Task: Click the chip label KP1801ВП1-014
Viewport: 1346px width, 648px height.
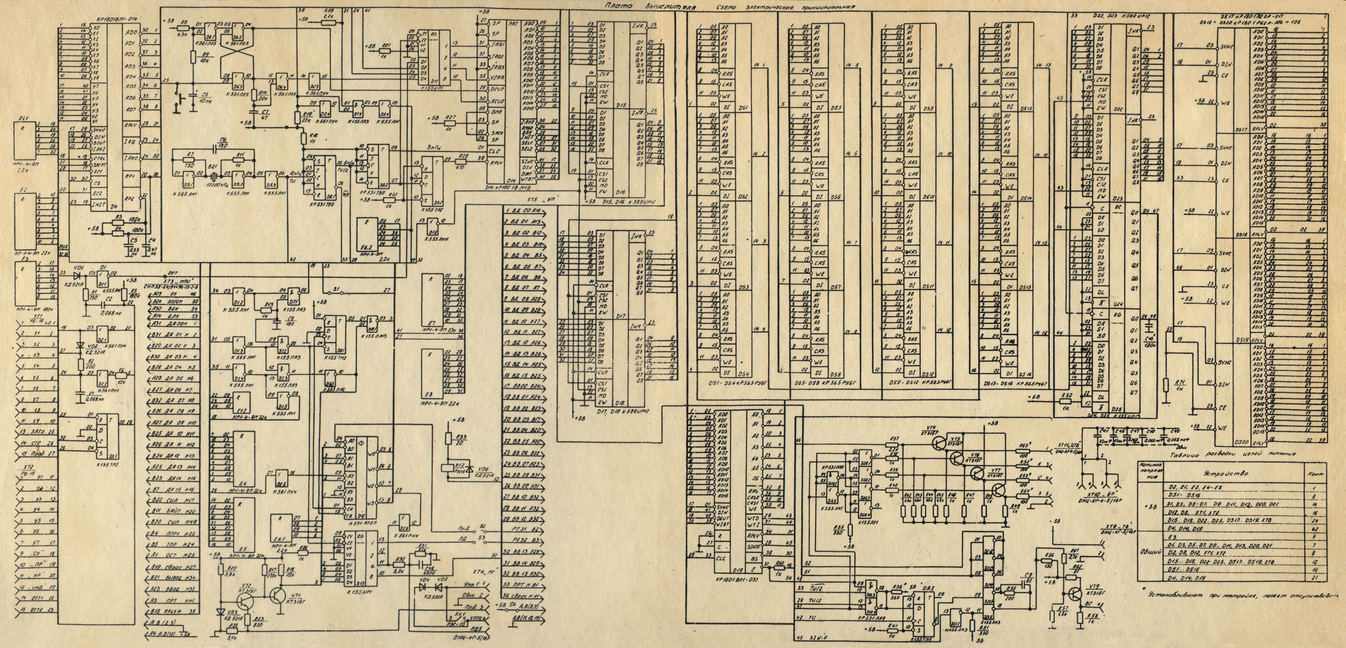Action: point(112,19)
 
